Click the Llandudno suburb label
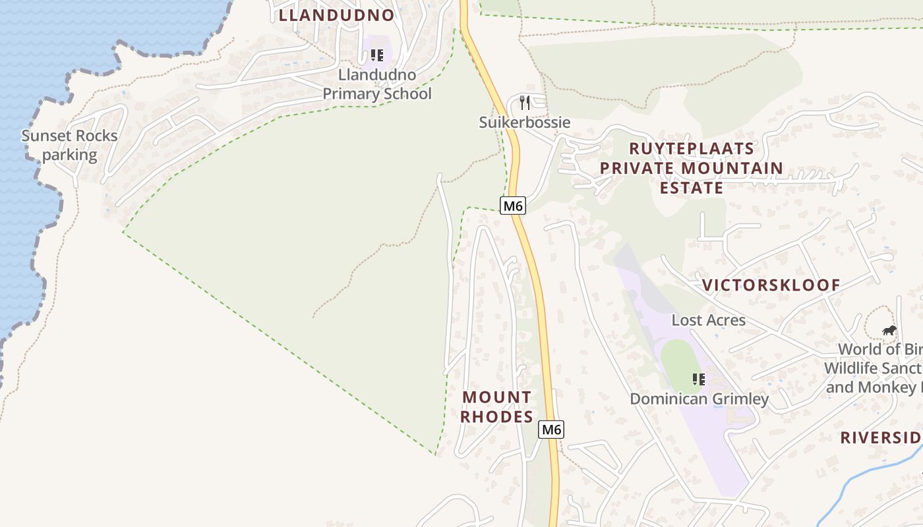[336, 14]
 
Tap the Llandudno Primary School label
[377, 84]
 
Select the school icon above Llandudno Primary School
[376, 55]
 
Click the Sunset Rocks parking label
[69, 145]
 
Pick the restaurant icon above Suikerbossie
[525, 102]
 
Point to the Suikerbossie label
[525, 123]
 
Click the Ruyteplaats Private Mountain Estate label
[692, 168]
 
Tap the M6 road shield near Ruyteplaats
[513, 206]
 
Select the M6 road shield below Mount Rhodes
[551, 430]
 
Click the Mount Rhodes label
[496, 407]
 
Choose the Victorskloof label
[771, 285]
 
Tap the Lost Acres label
[709, 320]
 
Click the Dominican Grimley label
[699, 399]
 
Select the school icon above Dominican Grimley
[699, 379]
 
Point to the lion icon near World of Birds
[889, 330]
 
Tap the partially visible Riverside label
[881, 437]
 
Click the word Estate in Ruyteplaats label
[692, 188]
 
